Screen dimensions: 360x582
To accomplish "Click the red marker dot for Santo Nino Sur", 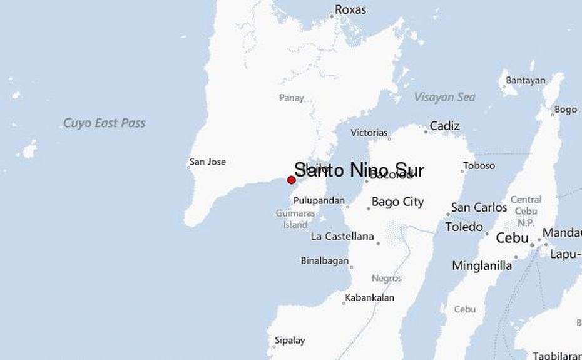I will tap(291, 180).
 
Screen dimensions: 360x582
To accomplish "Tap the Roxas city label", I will tap(350, 10).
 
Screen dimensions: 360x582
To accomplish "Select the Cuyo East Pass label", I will tap(104, 123).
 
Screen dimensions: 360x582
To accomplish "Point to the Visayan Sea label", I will tap(444, 97).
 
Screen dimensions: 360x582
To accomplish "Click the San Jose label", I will tap(207, 162).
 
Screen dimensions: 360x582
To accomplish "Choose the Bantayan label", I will tap(525, 80).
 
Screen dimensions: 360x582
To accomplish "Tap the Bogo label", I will tap(565, 110).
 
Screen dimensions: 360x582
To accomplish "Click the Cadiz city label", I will tap(444, 126).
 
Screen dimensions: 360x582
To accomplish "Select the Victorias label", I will tap(369, 133).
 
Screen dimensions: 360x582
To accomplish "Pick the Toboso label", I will tap(479, 166).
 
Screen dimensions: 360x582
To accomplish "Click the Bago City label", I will tap(397, 202).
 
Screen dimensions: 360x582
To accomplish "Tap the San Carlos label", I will tap(479, 207).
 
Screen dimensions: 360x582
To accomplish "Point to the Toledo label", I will tap(464, 227).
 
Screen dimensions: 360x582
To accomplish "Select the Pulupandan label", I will tap(319, 201).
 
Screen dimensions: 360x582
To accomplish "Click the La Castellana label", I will tap(342, 237).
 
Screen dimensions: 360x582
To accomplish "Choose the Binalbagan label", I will tap(324, 260).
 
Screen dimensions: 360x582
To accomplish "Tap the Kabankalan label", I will tap(369, 298).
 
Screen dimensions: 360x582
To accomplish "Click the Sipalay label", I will tap(289, 341).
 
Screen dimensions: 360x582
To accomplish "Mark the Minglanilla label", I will tap(482, 266).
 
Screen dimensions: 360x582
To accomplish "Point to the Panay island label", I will tap(292, 98).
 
